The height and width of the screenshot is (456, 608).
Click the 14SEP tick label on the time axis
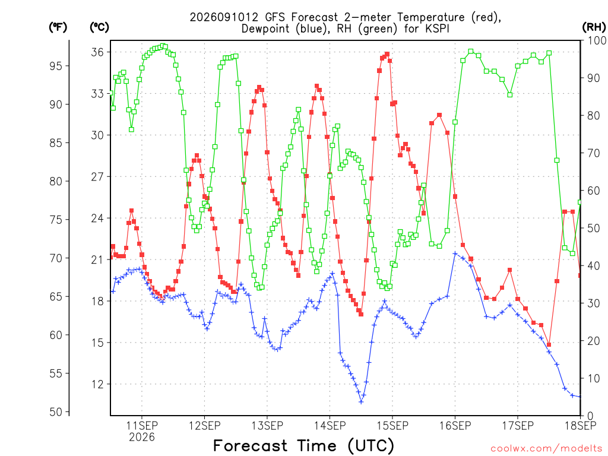[330, 425]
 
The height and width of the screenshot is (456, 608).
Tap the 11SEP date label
[142, 425]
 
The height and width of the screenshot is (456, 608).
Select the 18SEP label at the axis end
[580, 425]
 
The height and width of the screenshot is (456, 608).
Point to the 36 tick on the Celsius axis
[97, 52]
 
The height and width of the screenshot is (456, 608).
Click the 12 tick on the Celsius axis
[97, 384]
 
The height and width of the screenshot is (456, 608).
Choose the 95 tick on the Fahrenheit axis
[56, 66]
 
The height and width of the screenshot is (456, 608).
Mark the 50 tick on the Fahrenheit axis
[56, 412]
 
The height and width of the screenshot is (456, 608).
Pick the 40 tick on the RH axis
[593, 266]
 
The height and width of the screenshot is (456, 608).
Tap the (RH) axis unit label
[594, 27]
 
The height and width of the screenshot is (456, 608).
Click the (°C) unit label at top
[100, 27]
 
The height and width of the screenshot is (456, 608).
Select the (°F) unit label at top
[58, 27]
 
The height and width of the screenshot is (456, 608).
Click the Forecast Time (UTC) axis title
[303, 445]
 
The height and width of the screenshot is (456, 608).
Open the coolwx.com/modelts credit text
[546, 449]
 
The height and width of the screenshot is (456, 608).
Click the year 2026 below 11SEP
[142, 437]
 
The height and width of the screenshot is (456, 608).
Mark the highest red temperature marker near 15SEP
[387, 54]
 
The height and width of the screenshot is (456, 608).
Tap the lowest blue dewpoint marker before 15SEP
[361, 402]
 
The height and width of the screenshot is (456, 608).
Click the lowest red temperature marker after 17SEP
[549, 344]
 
